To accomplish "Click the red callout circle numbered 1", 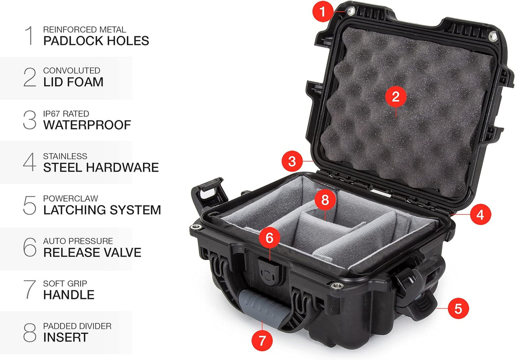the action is [x=323, y=11].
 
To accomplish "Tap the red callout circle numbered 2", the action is [x=395, y=97].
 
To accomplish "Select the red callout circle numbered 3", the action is [x=292, y=161].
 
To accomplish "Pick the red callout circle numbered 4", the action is [x=480, y=215].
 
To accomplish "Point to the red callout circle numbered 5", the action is [x=458, y=309].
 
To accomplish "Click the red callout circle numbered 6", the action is [x=269, y=237].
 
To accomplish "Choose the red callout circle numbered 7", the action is [x=262, y=340].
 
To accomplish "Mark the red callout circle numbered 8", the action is [x=325, y=199].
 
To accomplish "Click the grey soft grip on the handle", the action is [x=263, y=309].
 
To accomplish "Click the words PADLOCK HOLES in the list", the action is [x=96, y=41].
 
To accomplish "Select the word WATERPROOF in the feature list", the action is [x=87, y=125].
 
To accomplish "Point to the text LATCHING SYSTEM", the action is [x=102, y=210].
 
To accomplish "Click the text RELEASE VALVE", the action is [x=93, y=252].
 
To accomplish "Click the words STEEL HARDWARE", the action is [x=101, y=167].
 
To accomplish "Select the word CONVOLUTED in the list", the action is [x=72, y=71].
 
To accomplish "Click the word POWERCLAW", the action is [x=71, y=198].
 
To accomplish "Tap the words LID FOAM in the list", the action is [x=73, y=82].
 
